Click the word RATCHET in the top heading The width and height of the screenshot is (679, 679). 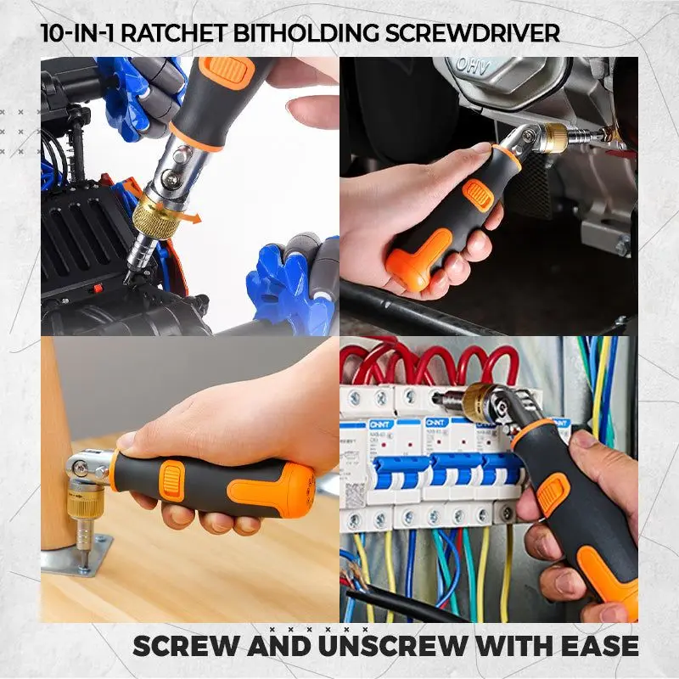[174, 33]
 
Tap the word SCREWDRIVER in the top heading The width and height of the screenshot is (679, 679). [473, 33]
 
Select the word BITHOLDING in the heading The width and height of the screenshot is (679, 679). [306, 33]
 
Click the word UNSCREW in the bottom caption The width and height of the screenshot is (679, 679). [393, 646]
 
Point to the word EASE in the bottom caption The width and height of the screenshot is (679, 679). [600, 646]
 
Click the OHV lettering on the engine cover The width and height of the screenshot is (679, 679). [473, 66]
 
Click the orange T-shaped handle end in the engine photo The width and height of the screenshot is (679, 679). [417, 259]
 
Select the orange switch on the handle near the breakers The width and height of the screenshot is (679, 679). [553, 495]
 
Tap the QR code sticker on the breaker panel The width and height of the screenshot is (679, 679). [356, 495]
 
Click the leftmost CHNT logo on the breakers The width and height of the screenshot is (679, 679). [381, 424]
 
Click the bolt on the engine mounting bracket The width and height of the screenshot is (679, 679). [623, 245]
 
